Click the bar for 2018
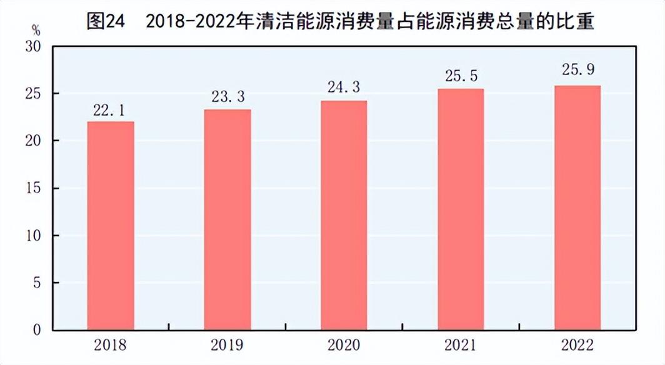click(111, 226)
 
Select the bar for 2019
click(227, 219)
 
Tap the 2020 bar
click(344, 216)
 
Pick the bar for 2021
click(461, 209)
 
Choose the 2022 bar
click(577, 207)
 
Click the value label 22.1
click(109, 111)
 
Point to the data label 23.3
click(228, 97)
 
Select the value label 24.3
click(344, 87)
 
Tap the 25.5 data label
click(461, 76)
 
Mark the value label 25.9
click(578, 69)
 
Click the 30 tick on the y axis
click(33, 47)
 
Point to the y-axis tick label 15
click(33, 188)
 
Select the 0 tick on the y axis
click(37, 330)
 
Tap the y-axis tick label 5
click(37, 282)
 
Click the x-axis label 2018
click(110, 345)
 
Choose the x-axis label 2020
click(344, 345)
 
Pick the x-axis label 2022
click(577, 345)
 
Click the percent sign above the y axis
click(36, 31)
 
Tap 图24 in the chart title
click(106, 21)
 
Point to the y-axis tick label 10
click(33, 236)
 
